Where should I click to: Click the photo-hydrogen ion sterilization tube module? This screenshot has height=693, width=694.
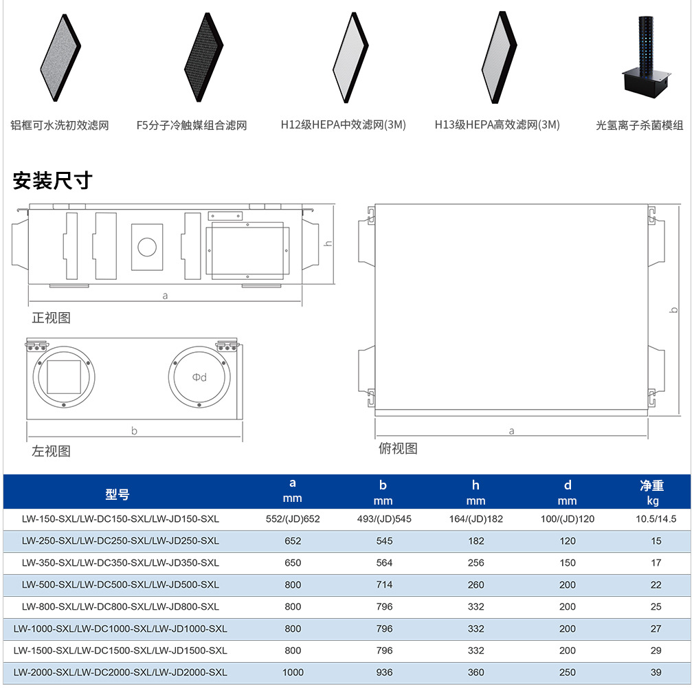(646, 58)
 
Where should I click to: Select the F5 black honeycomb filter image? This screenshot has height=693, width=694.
(204, 57)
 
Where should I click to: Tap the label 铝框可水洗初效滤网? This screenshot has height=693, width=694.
(60, 125)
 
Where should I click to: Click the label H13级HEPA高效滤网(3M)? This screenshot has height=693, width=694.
(497, 125)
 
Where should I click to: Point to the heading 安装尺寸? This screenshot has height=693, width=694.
(53, 181)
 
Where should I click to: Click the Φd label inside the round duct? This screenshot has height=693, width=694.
(199, 377)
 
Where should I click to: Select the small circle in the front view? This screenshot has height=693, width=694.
(147, 247)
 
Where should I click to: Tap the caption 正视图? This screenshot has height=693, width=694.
(52, 318)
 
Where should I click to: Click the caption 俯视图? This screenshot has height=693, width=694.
(398, 448)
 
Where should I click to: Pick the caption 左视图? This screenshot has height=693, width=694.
(52, 451)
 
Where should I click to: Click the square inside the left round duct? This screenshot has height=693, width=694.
(64, 377)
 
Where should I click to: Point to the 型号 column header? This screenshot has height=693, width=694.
(117, 494)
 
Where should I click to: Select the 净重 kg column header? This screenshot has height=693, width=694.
(652, 493)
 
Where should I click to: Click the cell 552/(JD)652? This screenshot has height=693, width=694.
(293, 519)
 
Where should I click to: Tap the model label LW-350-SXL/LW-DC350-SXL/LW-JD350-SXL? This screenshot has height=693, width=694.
(120, 563)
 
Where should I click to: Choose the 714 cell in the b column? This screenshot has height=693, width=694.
(384, 585)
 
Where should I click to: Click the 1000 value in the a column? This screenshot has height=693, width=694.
(293, 672)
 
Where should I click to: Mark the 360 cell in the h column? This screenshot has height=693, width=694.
(475, 672)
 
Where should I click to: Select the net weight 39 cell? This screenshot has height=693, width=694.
(656, 672)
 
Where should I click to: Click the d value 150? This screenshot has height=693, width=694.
(568, 563)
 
